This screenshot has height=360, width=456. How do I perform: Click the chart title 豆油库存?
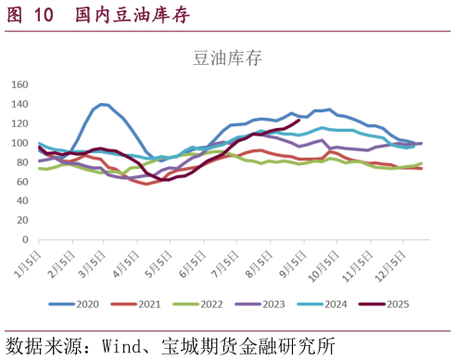point(227,58)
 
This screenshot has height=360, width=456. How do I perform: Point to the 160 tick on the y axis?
point(19,84)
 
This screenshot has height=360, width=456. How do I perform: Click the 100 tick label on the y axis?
point(19,144)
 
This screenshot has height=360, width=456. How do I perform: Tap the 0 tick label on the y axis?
point(25,239)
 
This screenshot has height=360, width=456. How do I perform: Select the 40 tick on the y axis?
point(22,201)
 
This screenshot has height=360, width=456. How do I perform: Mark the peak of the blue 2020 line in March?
point(102,104)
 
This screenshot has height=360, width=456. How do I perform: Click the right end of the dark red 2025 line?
point(298,120)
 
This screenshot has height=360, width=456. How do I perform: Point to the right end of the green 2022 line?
point(422,164)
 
